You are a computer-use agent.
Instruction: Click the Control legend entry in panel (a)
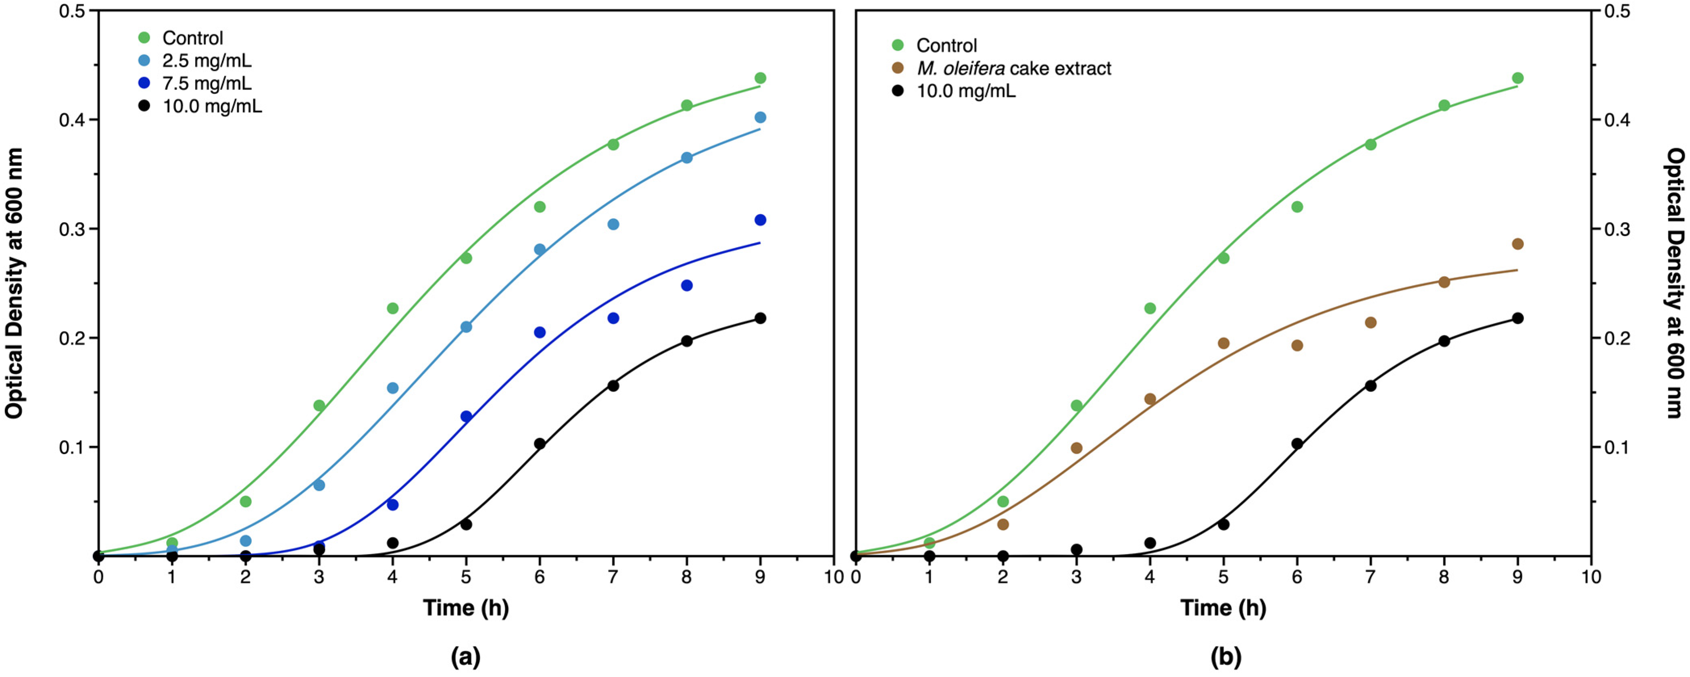pos(192,38)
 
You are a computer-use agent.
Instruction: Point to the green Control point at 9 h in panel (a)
pos(761,78)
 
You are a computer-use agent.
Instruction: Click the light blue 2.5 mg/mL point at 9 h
pos(761,117)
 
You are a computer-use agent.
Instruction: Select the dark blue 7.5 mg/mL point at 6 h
pos(540,333)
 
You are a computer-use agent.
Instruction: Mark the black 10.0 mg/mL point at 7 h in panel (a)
pos(613,386)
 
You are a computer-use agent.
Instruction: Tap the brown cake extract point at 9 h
pos(1517,244)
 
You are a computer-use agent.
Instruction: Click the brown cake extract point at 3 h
pos(1077,448)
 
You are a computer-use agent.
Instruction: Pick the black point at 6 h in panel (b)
pos(1297,444)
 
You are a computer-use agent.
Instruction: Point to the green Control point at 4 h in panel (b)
pos(1150,308)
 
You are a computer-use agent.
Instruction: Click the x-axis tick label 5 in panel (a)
pos(466,577)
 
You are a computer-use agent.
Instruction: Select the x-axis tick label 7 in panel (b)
pos(1371,577)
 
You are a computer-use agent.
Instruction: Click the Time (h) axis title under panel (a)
pos(466,608)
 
